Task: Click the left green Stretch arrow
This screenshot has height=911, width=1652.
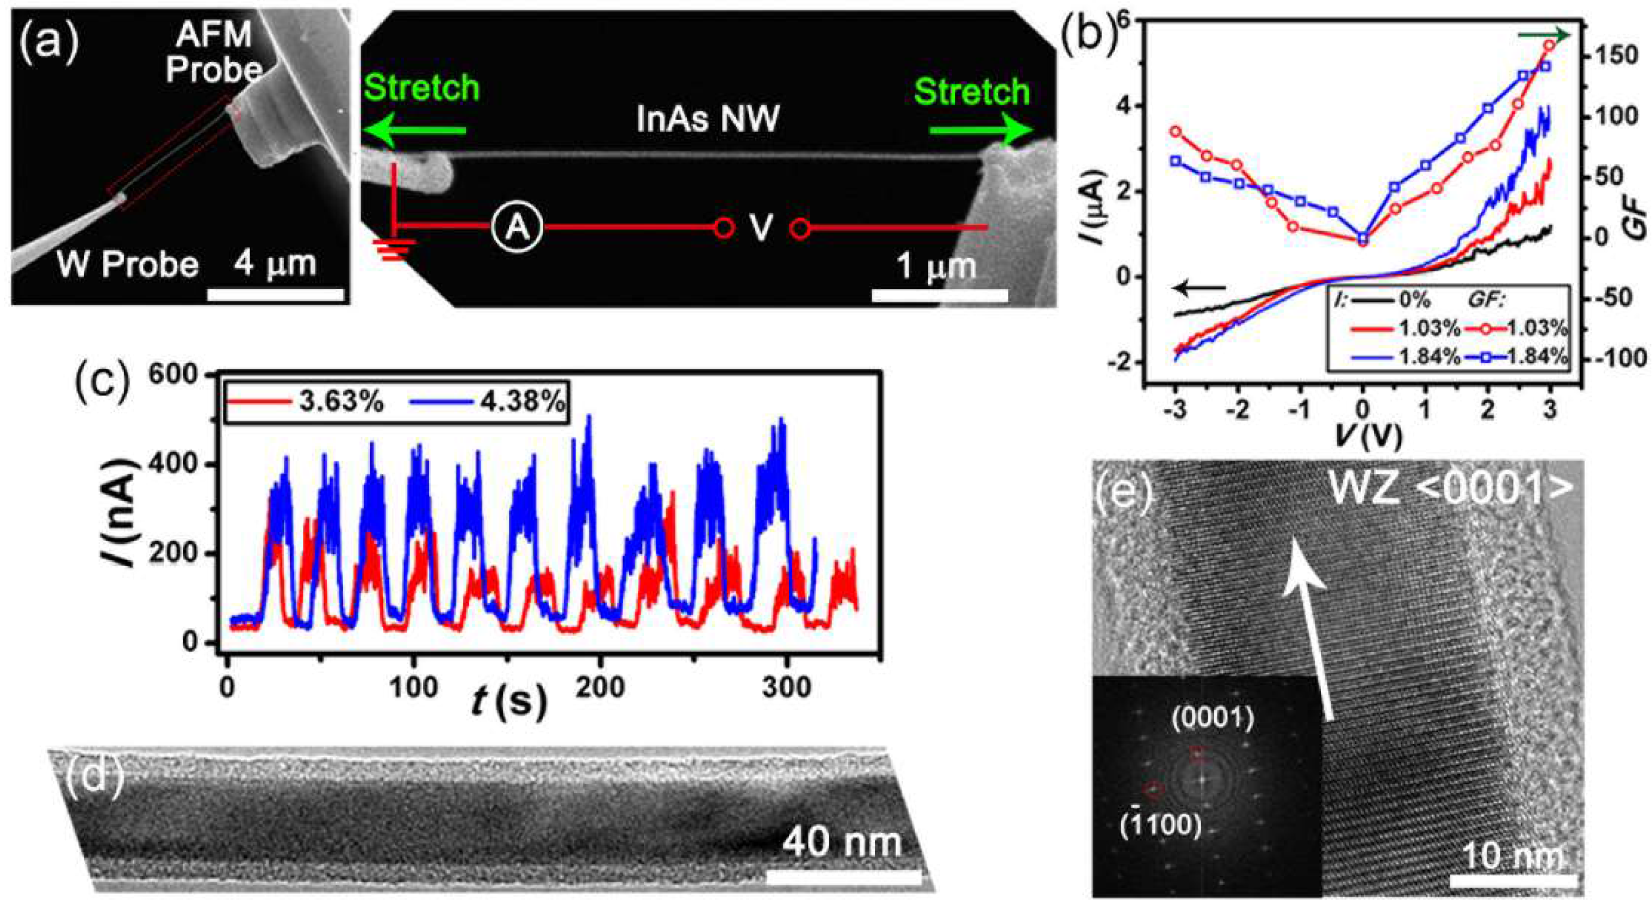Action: [414, 130]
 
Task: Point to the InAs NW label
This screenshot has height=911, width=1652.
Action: [707, 119]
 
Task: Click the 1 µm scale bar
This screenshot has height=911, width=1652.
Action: [940, 295]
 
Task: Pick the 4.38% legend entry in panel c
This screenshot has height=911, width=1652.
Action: [487, 403]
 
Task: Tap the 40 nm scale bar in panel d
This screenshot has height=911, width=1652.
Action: [843, 878]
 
